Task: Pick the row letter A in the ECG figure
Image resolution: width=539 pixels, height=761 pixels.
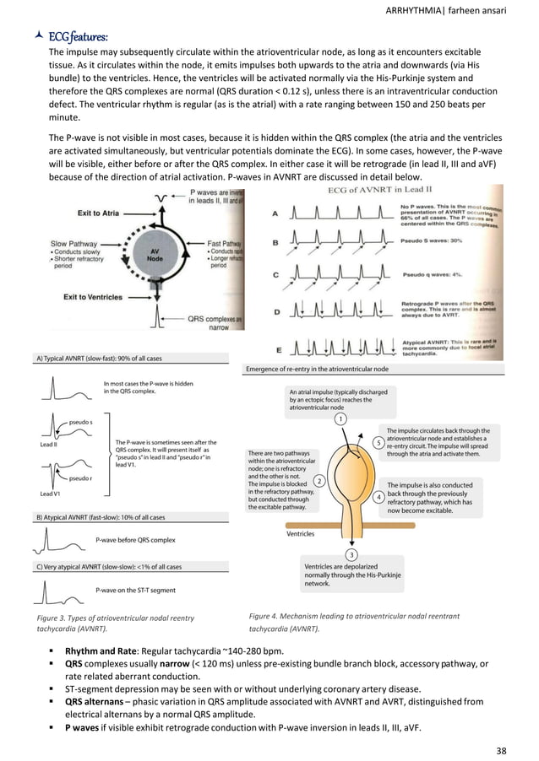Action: pos(275,215)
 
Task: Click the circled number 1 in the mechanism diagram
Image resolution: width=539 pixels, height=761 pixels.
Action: pos(340,418)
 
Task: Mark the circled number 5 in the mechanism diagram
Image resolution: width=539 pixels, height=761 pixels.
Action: pos(377,443)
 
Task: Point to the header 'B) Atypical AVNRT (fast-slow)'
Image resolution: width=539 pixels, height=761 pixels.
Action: pos(101,516)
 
